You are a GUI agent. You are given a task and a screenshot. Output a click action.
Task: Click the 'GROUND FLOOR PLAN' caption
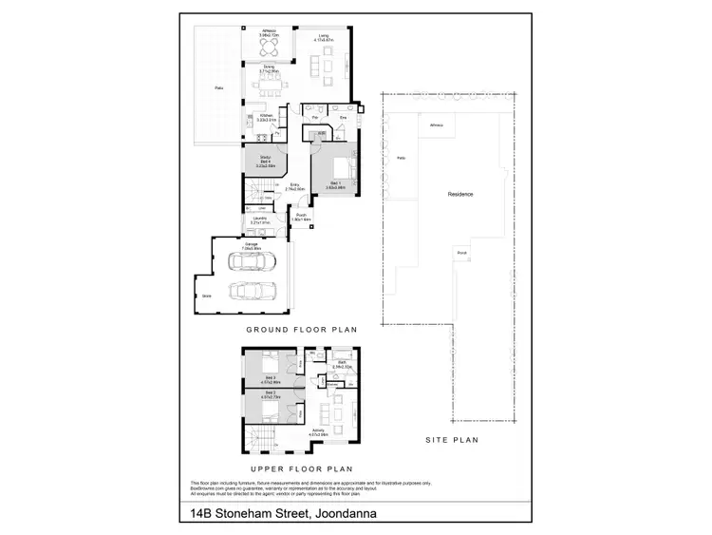click(x=300, y=331)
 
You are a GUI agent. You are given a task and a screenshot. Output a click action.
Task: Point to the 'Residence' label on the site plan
click(x=460, y=194)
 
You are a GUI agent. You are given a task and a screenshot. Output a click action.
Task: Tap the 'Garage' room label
click(x=252, y=245)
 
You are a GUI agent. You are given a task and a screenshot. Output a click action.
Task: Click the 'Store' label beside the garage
click(x=207, y=296)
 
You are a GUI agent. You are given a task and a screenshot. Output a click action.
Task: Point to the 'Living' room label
click(x=324, y=37)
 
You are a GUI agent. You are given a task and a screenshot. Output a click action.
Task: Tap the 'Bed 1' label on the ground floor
click(x=335, y=182)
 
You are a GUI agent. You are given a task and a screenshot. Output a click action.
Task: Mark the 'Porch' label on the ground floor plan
click(x=301, y=217)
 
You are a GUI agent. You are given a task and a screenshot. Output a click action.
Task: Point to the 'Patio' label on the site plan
click(x=401, y=158)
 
